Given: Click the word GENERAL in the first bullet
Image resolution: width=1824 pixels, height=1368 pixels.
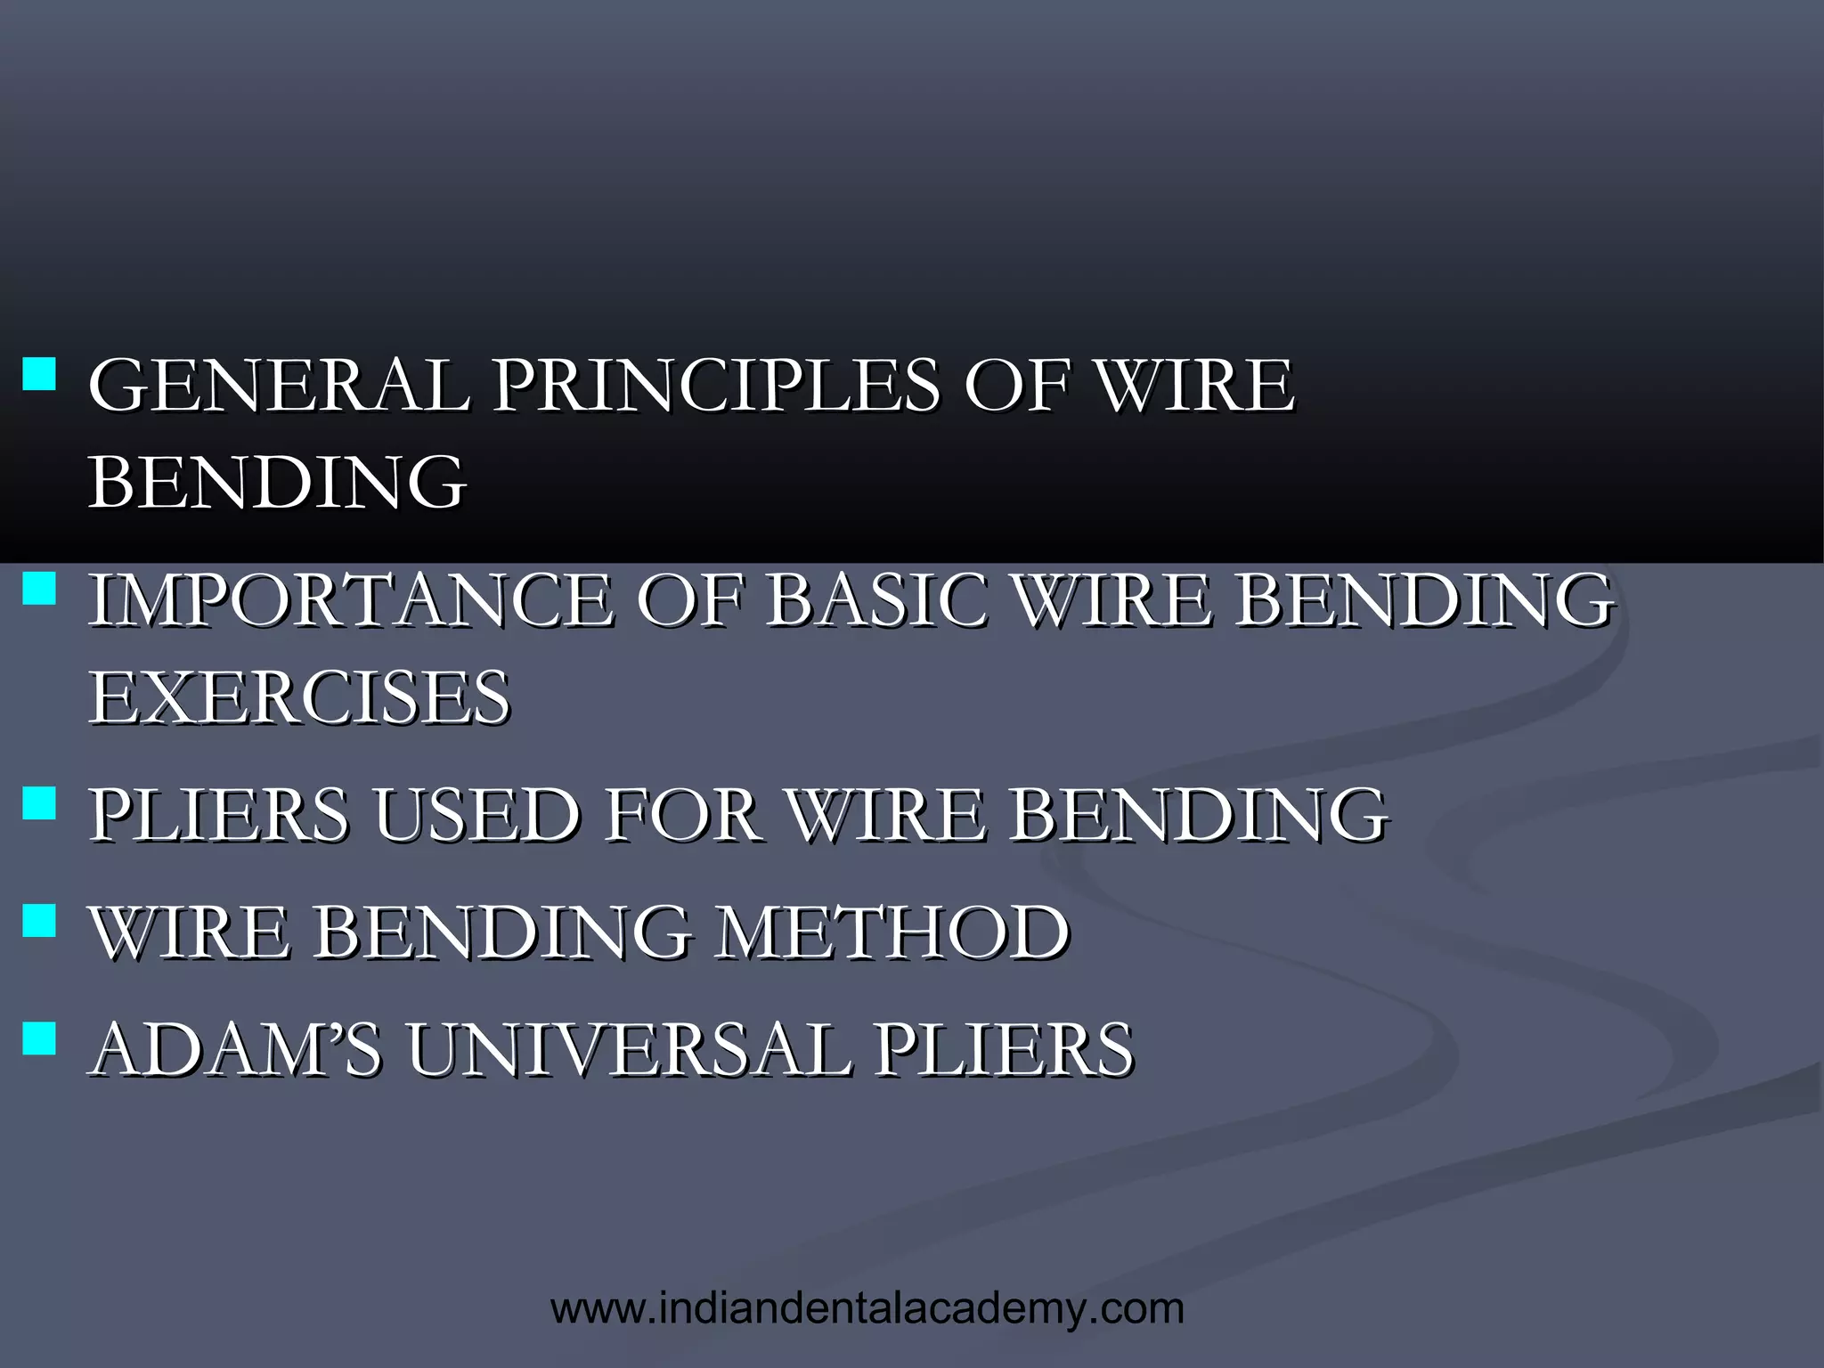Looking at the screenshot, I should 279,385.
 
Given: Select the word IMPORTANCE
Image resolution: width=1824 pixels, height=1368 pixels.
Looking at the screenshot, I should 352,599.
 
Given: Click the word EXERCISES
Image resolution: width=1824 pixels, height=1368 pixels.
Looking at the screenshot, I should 300,697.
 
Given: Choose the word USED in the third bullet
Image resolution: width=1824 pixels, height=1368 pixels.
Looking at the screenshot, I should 476,814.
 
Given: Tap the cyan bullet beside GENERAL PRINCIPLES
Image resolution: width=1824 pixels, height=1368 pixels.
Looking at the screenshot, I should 38,373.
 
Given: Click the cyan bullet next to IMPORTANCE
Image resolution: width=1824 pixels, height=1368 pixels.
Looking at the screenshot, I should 38,588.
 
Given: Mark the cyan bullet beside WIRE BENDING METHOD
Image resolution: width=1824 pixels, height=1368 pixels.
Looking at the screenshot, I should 38,920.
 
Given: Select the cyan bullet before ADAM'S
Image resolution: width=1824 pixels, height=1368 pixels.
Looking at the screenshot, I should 38,1038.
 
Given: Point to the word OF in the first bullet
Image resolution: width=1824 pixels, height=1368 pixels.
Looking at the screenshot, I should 1016,385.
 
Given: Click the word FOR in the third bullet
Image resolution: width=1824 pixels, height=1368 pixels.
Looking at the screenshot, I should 682,814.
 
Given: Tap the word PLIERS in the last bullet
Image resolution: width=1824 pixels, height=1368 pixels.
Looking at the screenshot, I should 1003,1049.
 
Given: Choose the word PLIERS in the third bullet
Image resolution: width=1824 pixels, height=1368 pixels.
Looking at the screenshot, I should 219,814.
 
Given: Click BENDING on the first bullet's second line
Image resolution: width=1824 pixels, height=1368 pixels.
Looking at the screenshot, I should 277,482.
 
